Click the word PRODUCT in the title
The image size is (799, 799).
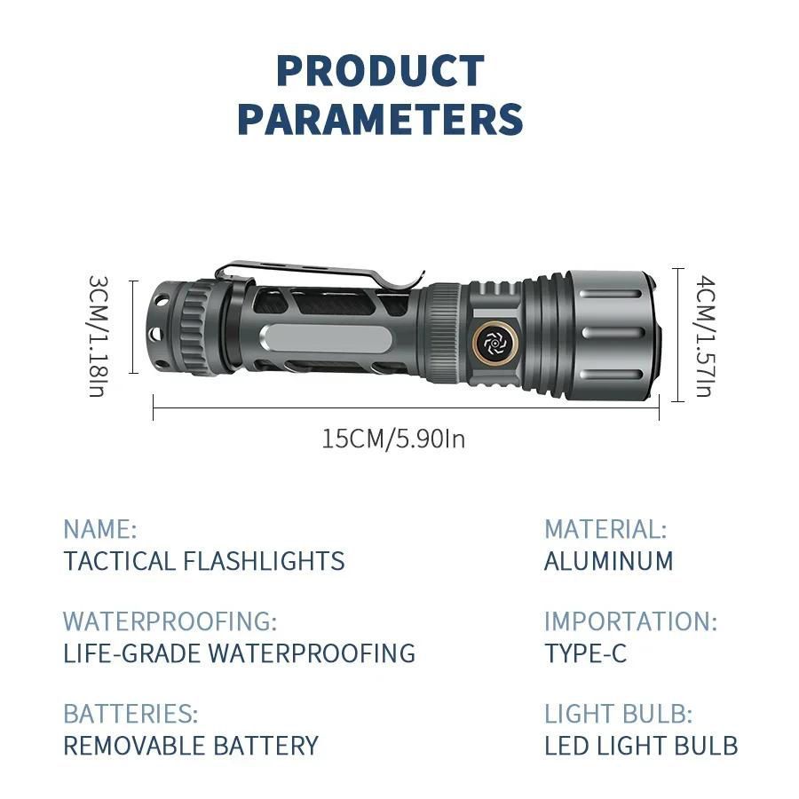[x=380, y=71]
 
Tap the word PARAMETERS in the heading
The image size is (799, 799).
[x=380, y=119]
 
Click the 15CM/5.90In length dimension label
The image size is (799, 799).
[x=393, y=439]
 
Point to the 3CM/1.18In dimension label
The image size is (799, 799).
[x=99, y=336]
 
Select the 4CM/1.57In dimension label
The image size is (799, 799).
[x=705, y=336]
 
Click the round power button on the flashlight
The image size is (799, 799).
[x=494, y=343]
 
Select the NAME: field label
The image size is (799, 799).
[x=99, y=529]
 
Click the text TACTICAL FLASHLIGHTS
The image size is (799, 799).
[x=204, y=561]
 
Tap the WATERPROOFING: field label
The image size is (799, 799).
[x=170, y=621]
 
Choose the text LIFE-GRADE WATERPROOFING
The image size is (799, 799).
[x=239, y=653]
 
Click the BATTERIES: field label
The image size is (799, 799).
[x=130, y=714]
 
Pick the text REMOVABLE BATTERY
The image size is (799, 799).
[x=191, y=746]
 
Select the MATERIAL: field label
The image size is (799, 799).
[x=605, y=529]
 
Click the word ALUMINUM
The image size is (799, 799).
[x=608, y=561]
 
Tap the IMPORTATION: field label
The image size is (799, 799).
[x=631, y=621]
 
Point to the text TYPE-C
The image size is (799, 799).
[x=586, y=653]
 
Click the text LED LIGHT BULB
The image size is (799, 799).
[x=641, y=746]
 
